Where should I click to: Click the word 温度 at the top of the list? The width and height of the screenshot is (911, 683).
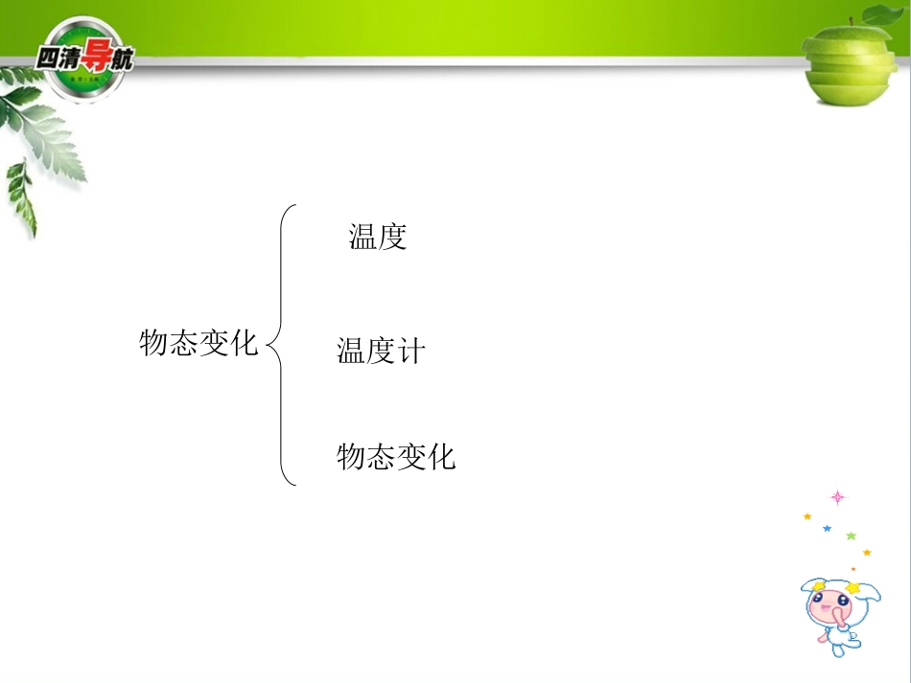(378, 237)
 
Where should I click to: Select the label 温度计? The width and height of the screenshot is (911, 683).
(380, 351)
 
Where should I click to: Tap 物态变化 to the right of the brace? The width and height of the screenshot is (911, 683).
(396, 456)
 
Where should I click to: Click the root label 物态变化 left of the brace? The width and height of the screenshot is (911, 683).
(199, 342)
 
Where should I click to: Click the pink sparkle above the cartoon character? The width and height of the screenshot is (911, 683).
(837, 497)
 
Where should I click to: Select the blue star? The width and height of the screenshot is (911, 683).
(827, 529)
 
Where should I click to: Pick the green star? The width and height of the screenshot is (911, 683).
(851, 536)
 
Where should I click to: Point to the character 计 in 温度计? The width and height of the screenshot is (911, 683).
(410, 351)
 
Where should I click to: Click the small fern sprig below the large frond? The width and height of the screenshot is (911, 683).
(20, 196)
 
